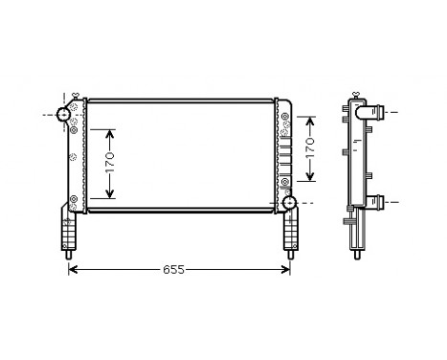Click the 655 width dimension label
tap(173, 271)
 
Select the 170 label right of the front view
tap(309, 147)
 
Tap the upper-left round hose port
tap(65, 115)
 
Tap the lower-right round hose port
tap(290, 202)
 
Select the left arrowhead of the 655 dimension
tap(73, 271)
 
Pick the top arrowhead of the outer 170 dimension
tap(309, 119)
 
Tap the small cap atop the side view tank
tap(356, 96)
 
